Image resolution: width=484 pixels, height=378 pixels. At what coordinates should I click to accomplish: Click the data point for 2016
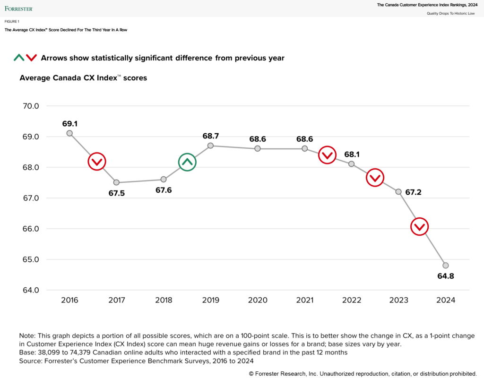69,133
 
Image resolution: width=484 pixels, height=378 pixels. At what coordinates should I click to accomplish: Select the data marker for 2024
445,265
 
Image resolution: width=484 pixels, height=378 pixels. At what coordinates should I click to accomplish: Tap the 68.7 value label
210,136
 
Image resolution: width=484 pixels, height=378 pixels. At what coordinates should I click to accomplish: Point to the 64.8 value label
445,276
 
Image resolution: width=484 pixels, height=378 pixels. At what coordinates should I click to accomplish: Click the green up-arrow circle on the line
187,162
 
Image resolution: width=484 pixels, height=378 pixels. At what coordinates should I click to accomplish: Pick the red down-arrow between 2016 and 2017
96,162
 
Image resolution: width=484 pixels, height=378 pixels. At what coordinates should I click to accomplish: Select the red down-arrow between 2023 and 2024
420,227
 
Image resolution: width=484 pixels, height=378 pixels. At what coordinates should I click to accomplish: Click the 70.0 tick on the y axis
31,106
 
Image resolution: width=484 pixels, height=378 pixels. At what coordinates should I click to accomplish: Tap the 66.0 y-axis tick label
31,229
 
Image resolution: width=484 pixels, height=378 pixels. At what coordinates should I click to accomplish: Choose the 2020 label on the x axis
258,301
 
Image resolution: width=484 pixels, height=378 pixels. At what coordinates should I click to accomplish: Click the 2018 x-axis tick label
164,301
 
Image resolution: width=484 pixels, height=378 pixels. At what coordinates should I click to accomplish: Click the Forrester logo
19,8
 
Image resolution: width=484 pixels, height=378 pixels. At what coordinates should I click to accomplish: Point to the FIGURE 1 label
12,22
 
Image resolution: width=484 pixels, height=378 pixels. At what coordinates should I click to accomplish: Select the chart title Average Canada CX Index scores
83,78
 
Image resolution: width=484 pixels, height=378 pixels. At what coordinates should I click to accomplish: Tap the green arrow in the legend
19,58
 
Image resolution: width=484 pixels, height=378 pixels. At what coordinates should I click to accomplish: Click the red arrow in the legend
31,58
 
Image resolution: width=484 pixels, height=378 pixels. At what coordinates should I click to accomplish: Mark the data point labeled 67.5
116,182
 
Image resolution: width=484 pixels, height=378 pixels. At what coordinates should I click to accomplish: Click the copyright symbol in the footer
251,373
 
